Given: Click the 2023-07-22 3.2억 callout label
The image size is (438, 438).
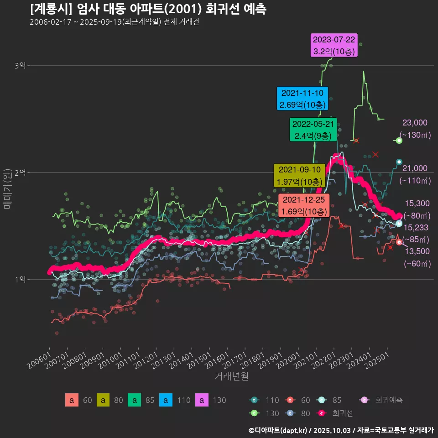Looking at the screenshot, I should (334, 46).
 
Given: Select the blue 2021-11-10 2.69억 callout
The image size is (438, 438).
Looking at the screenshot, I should (302, 99).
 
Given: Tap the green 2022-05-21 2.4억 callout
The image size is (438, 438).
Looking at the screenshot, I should (313, 130).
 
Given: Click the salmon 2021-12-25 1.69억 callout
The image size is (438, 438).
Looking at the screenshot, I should (303, 206).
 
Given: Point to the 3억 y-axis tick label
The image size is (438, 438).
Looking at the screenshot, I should (20, 66).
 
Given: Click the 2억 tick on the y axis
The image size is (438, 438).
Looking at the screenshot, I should (20, 173).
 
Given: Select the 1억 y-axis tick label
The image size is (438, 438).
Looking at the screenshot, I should (20, 280).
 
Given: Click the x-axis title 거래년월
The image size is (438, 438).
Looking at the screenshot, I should (232, 376).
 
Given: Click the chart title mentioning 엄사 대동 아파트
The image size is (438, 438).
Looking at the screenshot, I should (148, 9).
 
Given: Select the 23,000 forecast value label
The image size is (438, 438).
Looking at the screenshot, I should (415, 123).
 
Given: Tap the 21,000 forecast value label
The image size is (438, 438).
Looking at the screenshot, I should (415, 168).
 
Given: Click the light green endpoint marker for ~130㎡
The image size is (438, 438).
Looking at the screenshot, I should (399, 141).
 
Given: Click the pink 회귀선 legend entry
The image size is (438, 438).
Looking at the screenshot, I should (342, 413).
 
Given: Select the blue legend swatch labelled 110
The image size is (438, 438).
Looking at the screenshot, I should (166, 400).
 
